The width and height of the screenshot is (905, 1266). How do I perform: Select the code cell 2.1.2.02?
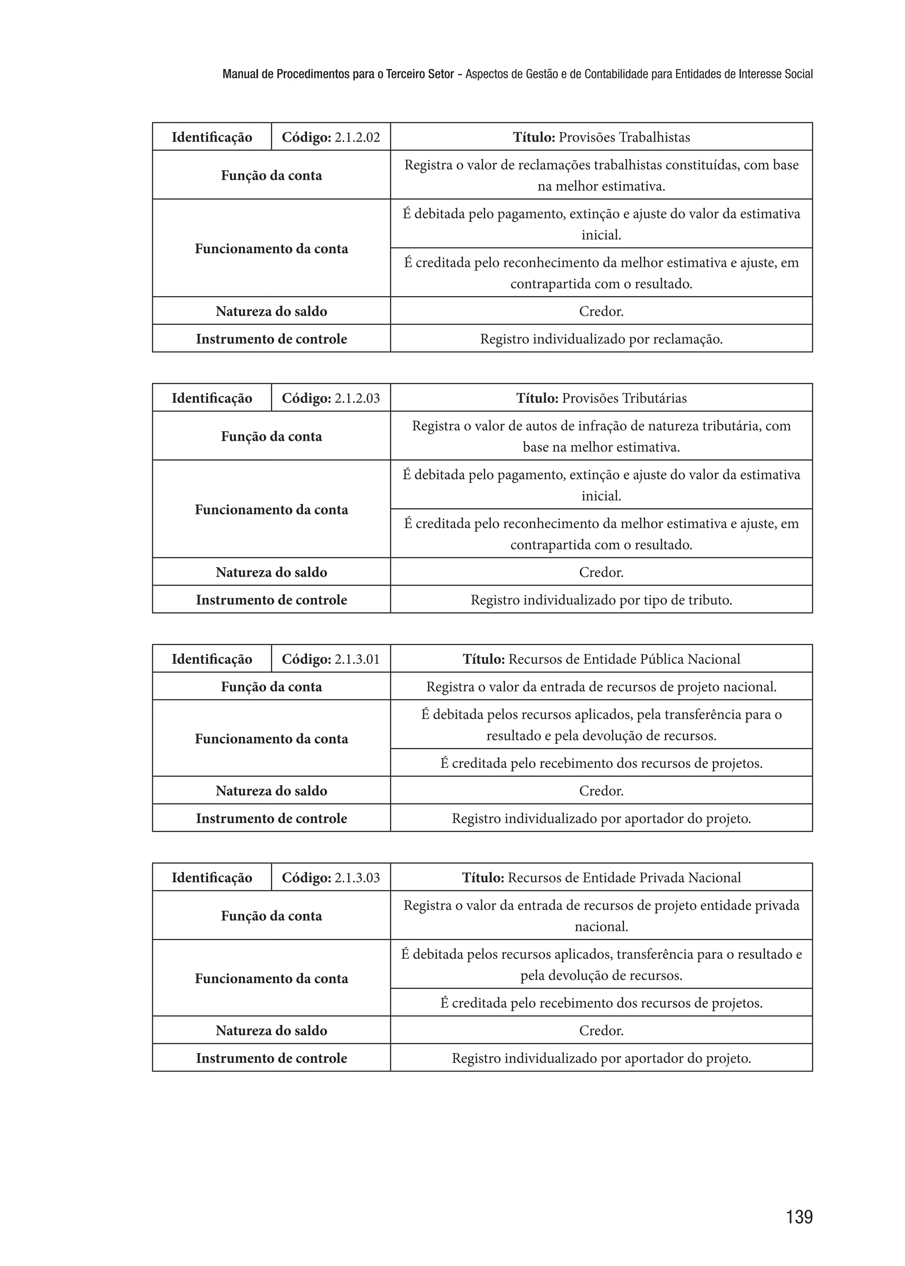[x=331, y=137]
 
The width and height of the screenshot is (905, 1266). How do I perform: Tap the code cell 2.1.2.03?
[x=331, y=398]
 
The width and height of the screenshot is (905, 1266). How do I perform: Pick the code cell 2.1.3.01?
[x=331, y=659]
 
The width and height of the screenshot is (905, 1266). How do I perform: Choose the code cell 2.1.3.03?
[x=331, y=877]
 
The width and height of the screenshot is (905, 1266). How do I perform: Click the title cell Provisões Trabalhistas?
[x=601, y=137]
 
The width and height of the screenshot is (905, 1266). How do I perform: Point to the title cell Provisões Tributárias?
[x=601, y=398]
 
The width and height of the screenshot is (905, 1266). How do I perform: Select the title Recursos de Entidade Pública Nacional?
[x=601, y=659]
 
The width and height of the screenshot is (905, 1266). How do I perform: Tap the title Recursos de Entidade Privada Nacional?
[x=601, y=877]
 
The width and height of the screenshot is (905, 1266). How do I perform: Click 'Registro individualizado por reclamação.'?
[x=601, y=339]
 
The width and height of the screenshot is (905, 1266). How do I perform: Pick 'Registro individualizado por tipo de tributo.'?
[x=601, y=600]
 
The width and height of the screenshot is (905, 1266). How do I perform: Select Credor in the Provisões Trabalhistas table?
[x=601, y=311]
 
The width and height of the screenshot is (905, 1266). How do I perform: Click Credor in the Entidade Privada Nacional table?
[x=601, y=1030]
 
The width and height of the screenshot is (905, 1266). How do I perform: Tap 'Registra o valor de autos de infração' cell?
[x=601, y=436]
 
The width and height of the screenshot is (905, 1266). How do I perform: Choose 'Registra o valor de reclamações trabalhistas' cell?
[x=601, y=175]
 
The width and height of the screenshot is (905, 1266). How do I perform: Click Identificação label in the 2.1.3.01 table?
[x=212, y=659]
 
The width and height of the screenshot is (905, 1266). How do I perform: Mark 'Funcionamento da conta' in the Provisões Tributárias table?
[x=271, y=510]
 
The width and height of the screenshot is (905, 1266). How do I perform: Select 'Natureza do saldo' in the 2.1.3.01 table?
[x=271, y=790]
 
